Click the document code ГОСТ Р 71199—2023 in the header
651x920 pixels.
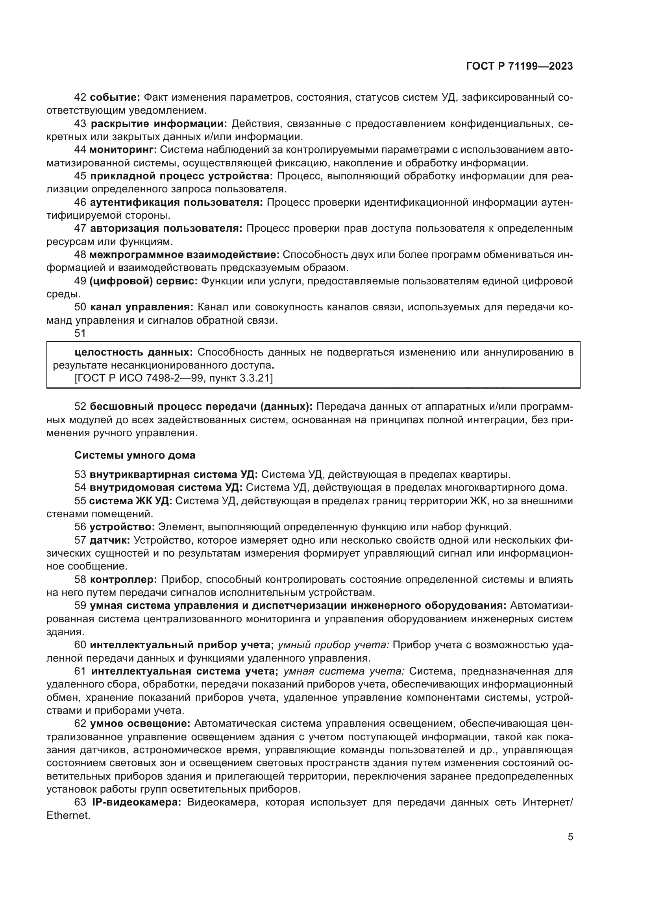pyautogui.click(x=519, y=66)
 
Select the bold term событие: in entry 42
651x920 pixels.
pyautogui.click(x=115, y=98)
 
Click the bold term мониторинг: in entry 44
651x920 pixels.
pyautogui.click(x=123, y=150)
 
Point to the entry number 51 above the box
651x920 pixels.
pyautogui.click(x=80, y=333)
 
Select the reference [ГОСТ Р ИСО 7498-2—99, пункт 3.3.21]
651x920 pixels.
pyautogui.click(x=174, y=378)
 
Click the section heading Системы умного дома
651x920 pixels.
pyautogui.click(x=135, y=455)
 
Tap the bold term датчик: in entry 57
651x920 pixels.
pyautogui.click(x=109, y=540)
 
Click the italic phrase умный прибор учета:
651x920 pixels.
pyautogui.click(x=333, y=645)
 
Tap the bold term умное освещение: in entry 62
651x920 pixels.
pyautogui.click(x=140, y=724)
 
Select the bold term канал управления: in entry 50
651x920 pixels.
pyautogui.click(x=142, y=307)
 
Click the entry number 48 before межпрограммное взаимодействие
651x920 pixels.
pyautogui.click(x=80, y=254)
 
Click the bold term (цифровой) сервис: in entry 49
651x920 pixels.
pyautogui.click(x=143, y=281)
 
